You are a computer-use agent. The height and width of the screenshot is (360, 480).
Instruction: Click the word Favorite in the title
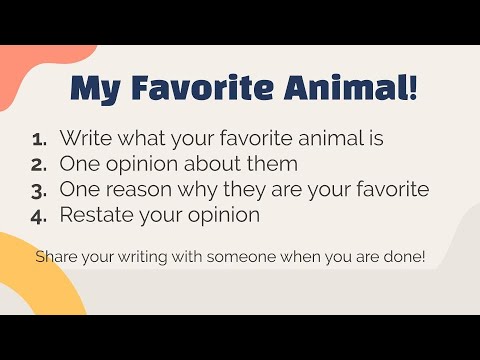[191, 89]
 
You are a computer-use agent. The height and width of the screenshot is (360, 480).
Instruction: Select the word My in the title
[95, 89]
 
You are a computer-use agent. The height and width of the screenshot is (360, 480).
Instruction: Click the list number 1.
[40, 138]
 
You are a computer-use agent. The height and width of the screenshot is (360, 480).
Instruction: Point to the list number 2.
[40, 163]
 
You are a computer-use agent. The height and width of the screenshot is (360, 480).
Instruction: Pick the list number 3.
[40, 189]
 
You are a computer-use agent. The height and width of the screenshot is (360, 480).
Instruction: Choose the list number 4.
[40, 214]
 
